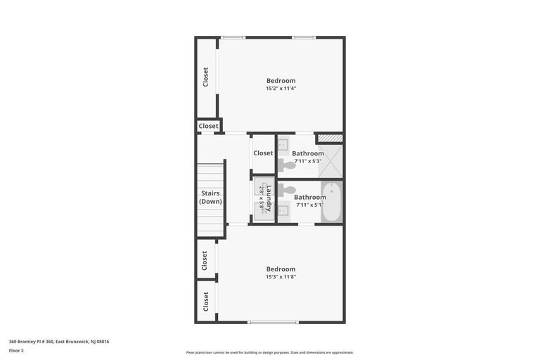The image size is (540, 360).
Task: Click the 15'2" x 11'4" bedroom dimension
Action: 281,88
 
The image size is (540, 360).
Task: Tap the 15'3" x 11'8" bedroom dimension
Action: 281,276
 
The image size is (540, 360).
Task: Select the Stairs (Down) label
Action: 210,197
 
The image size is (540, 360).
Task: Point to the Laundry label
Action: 269,198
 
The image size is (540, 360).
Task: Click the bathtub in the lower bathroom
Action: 332,202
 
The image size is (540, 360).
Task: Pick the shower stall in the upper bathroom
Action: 330,161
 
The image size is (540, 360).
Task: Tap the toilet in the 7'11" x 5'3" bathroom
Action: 287,165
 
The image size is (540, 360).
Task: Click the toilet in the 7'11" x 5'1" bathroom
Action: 287,190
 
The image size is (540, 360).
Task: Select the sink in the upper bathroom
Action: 283,144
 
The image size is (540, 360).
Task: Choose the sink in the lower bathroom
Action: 283,210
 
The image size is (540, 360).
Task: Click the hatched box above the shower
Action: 330,138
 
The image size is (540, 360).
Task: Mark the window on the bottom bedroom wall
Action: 273,323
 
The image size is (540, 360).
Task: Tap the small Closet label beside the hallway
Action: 208,126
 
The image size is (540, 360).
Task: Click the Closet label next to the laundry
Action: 263,153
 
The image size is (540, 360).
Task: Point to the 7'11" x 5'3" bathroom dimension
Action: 308,161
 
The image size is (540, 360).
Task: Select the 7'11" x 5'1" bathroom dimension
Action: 310,205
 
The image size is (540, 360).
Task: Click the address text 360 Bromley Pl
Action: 31,342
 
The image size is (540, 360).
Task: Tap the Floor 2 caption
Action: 16,351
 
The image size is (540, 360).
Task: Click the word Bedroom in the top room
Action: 281,81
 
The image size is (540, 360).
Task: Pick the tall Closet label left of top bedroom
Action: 205,77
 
